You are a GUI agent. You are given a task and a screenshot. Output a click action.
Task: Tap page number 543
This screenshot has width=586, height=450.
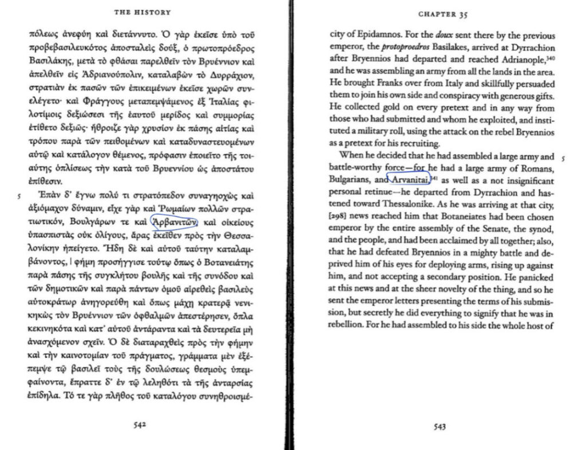pos(440,426)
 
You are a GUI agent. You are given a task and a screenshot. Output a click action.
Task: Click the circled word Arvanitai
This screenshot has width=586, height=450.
pos(409,180)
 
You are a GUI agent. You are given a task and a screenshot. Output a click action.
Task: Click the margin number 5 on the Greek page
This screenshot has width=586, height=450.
pos(19,195)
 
